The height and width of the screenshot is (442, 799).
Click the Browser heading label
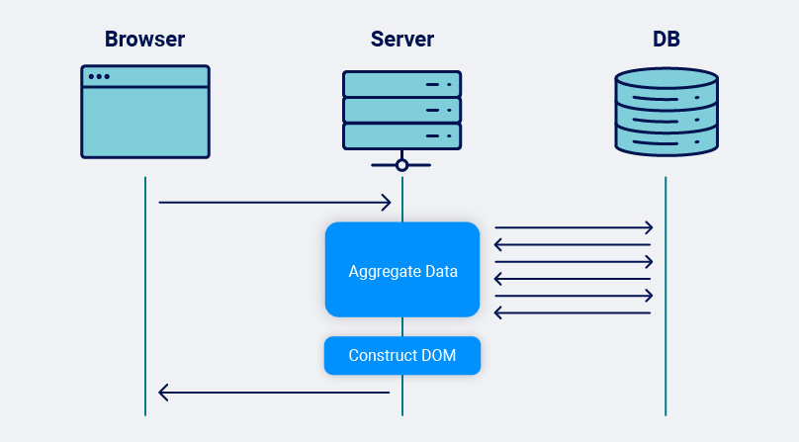point(144,40)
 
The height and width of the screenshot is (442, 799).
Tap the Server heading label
point(401,40)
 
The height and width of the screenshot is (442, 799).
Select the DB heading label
point(666,40)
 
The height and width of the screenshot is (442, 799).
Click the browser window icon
point(144,112)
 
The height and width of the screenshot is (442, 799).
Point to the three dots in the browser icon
point(99,76)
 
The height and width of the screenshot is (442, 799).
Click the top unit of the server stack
point(401,83)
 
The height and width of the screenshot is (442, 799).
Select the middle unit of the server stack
point(401,109)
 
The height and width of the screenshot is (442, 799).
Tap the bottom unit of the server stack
point(401,134)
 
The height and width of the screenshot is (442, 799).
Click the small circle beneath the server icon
point(401,165)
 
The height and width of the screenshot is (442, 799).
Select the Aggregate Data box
point(401,270)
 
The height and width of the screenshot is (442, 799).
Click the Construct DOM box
point(401,356)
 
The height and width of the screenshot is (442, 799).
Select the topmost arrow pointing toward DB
point(574,227)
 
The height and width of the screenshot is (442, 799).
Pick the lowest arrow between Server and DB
point(574,312)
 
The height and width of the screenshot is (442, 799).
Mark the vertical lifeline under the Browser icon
point(145,297)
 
